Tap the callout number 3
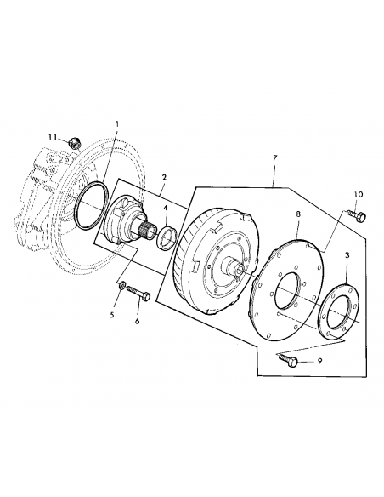pyautogui.click(x=347, y=255)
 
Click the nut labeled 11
pyautogui.click(x=75, y=142)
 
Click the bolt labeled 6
pyautogui.click(x=139, y=294)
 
